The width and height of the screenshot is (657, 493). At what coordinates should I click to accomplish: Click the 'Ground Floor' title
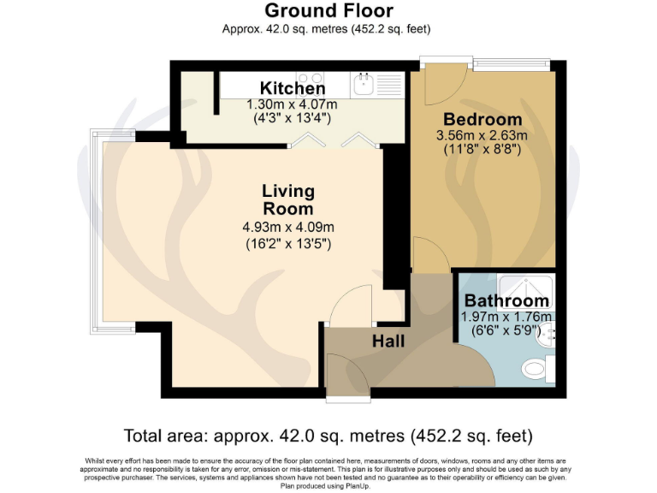[328, 10]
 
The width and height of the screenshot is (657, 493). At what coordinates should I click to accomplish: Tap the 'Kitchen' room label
[293, 88]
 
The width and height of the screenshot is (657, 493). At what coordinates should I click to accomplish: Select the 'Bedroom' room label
[482, 119]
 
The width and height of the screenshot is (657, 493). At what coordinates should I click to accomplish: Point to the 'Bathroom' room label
[506, 300]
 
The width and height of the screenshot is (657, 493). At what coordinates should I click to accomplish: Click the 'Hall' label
[388, 341]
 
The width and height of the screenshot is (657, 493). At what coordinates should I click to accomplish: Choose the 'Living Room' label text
[287, 199]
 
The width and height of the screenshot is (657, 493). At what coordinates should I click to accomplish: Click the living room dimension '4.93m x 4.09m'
[287, 227]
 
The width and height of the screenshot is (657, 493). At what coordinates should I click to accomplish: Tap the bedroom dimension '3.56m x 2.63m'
[482, 135]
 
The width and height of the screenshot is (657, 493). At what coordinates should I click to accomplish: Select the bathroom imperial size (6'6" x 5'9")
[506, 330]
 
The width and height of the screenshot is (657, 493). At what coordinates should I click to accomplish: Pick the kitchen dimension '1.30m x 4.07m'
[293, 104]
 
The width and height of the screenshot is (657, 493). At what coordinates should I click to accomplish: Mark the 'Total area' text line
[328, 435]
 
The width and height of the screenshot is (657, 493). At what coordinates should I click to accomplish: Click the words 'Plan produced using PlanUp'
[328, 485]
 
